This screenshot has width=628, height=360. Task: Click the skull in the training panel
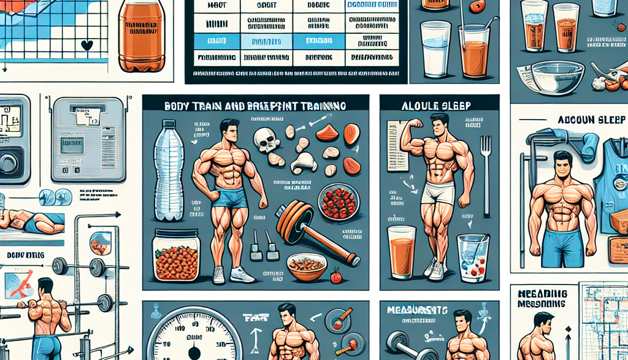(267, 140)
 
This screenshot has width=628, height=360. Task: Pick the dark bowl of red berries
(339, 202)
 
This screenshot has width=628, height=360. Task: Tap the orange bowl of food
(307, 267)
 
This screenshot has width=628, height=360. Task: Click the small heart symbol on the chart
(86, 45)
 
